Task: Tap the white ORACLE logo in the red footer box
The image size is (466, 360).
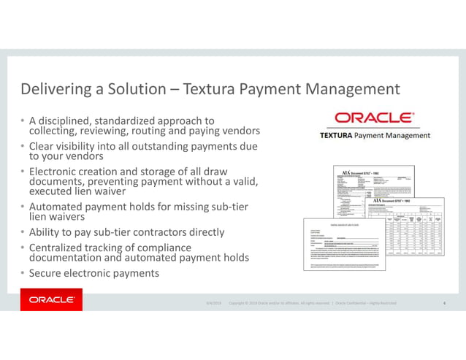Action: point(51,299)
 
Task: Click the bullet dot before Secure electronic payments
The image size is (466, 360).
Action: point(23,274)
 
